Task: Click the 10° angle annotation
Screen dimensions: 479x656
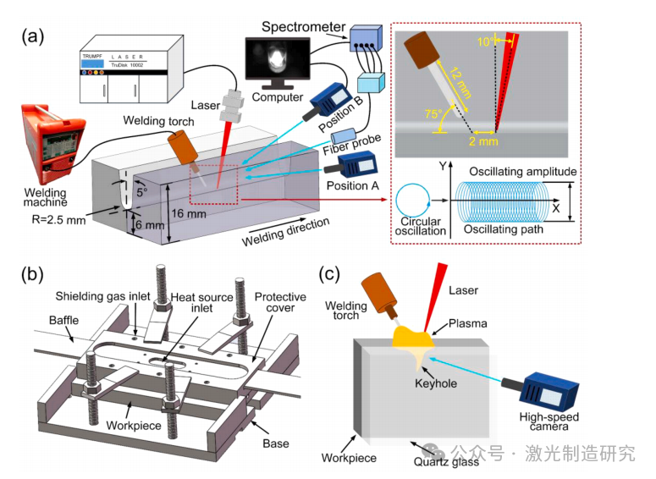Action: pyautogui.click(x=487, y=41)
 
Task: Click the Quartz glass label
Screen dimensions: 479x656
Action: pyautogui.click(x=449, y=461)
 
